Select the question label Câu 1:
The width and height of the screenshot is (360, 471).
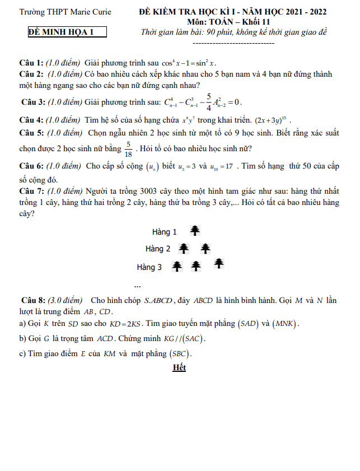click(31, 63)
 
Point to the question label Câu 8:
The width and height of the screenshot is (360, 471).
click(34, 300)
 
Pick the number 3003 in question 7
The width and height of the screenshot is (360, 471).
click(154, 190)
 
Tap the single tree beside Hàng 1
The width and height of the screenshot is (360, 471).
click(194, 231)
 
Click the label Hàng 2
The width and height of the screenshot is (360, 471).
click(158, 249)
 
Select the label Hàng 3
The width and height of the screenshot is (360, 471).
click(149, 267)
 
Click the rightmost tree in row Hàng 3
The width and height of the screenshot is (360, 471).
click(219, 263)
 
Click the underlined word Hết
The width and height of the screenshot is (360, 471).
click(179, 368)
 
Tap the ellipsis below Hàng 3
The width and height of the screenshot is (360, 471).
click(138, 285)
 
